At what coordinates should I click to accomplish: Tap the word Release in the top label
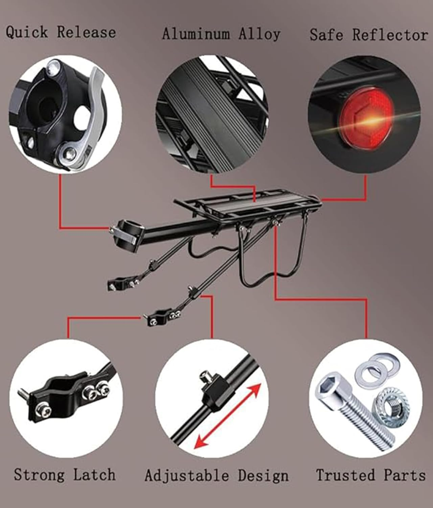pyautogui.click(x=86, y=33)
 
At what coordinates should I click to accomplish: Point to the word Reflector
pyautogui.click(x=390, y=35)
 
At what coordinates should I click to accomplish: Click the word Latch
pyautogui.click(x=94, y=474)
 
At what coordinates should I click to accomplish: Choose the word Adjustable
pyautogui.click(x=187, y=475)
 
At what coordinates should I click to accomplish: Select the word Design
pyautogui.click(x=263, y=475)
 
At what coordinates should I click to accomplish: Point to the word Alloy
pyautogui.click(x=259, y=34)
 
